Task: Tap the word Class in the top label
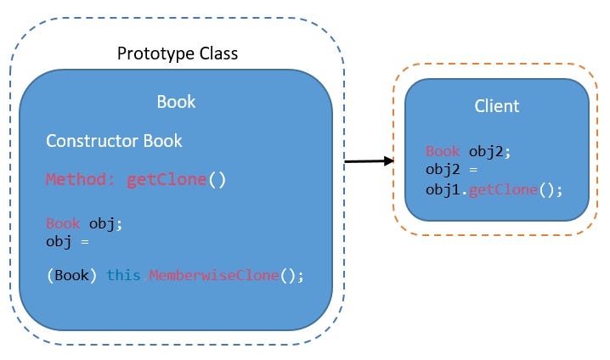click(x=214, y=54)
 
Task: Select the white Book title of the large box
click(x=176, y=102)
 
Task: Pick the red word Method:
click(x=82, y=180)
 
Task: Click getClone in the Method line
click(x=167, y=180)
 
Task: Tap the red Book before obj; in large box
click(x=64, y=224)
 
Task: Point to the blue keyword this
click(x=124, y=276)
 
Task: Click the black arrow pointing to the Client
click(x=367, y=160)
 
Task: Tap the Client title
click(x=496, y=107)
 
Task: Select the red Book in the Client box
click(x=443, y=152)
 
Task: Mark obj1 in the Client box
click(x=443, y=189)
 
